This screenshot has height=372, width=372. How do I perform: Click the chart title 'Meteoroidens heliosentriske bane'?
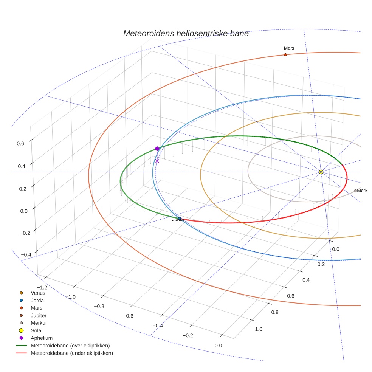click(186, 34)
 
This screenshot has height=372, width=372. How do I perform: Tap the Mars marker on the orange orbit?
click(285, 55)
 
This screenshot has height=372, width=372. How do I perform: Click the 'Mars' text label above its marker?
click(289, 48)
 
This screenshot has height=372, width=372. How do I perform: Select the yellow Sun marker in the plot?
click(321, 172)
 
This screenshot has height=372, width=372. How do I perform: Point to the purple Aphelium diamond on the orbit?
click(157, 149)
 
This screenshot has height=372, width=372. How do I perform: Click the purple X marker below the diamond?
click(157, 161)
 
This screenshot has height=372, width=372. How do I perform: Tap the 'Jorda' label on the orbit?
click(178, 219)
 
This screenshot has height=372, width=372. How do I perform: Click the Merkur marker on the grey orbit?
click(355, 191)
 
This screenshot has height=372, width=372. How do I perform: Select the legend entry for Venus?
click(38, 293)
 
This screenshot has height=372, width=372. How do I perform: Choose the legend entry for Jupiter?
click(39, 315)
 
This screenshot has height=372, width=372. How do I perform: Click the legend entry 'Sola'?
click(36, 330)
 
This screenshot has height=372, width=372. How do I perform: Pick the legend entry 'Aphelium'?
click(41, 338)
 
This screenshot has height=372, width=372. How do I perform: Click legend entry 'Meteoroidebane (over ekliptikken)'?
click(70, 346)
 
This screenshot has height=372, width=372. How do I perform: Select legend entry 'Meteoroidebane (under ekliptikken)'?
click(71, 353)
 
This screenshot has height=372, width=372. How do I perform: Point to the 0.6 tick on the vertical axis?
click(20, 143)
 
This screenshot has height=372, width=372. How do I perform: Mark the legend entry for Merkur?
click(39, 323)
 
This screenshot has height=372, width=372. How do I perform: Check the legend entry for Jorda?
click(37, 300)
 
